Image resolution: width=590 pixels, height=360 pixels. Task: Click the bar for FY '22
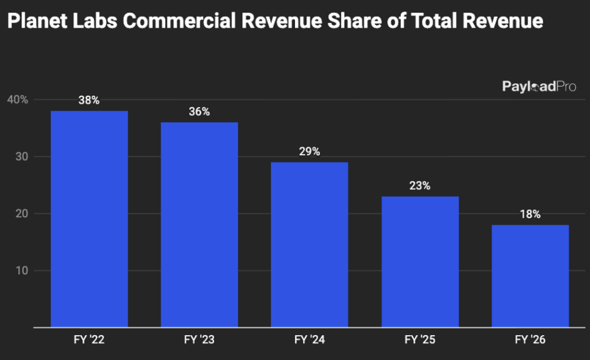coord(89,219)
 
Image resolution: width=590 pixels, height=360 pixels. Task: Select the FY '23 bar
coord(199,224)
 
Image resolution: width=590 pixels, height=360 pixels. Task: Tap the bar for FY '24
coord(309,244)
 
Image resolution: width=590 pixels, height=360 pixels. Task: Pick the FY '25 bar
coord(420,262)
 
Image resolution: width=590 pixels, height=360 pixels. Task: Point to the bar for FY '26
coord(530,276)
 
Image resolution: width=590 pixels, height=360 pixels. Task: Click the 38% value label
coord(89,100)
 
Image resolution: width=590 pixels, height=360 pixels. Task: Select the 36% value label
coord(199,112)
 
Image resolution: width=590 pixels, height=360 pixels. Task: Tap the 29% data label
coord(309,151)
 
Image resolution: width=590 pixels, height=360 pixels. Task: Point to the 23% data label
coord(420,186)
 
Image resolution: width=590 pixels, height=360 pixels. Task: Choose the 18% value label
coord(530,214)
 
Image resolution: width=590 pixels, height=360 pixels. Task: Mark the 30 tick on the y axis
coord(21,157)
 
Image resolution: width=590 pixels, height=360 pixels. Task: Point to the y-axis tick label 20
coord(21,214)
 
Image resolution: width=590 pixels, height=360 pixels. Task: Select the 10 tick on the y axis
coord(21,271)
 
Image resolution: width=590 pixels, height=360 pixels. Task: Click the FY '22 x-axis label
coord(89,340)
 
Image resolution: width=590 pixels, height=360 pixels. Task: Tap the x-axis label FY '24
coord(309,340)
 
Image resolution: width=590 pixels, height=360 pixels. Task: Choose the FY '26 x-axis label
coord(530,340)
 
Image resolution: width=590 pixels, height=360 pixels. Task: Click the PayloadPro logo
coord(539,87)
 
